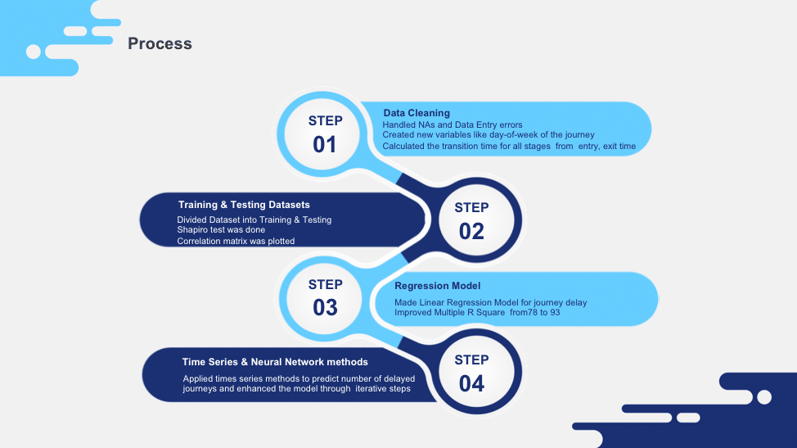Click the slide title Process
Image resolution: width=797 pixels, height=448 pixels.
coord(160,43)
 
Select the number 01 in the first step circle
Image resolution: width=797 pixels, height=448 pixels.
coord(324,144)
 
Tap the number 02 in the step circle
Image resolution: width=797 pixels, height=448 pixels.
coord(471,232)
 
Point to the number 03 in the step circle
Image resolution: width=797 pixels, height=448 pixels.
coord(325,308)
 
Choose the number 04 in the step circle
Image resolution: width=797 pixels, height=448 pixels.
coord(471,383)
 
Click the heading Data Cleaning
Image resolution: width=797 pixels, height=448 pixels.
coord(417,113)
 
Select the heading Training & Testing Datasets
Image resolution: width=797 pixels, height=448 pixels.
coord(244,205)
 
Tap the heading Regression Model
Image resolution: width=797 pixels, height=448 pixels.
coord(437,286)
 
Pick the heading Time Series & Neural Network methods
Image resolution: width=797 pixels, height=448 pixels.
coord(275,362)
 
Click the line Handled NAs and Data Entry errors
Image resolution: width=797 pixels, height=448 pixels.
coord(453,124)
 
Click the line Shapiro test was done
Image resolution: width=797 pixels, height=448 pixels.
coord(221,230)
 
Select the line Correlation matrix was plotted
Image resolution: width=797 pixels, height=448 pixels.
coord(236,241)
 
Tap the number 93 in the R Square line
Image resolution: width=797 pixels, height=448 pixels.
coord(555,312)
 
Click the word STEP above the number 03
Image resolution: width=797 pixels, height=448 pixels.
coord(326,284)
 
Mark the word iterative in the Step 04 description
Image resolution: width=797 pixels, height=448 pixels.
coord(370,388)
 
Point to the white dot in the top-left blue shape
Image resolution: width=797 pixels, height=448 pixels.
coord(34,52)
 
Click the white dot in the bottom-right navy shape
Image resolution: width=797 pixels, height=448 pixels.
coord(764,397)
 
